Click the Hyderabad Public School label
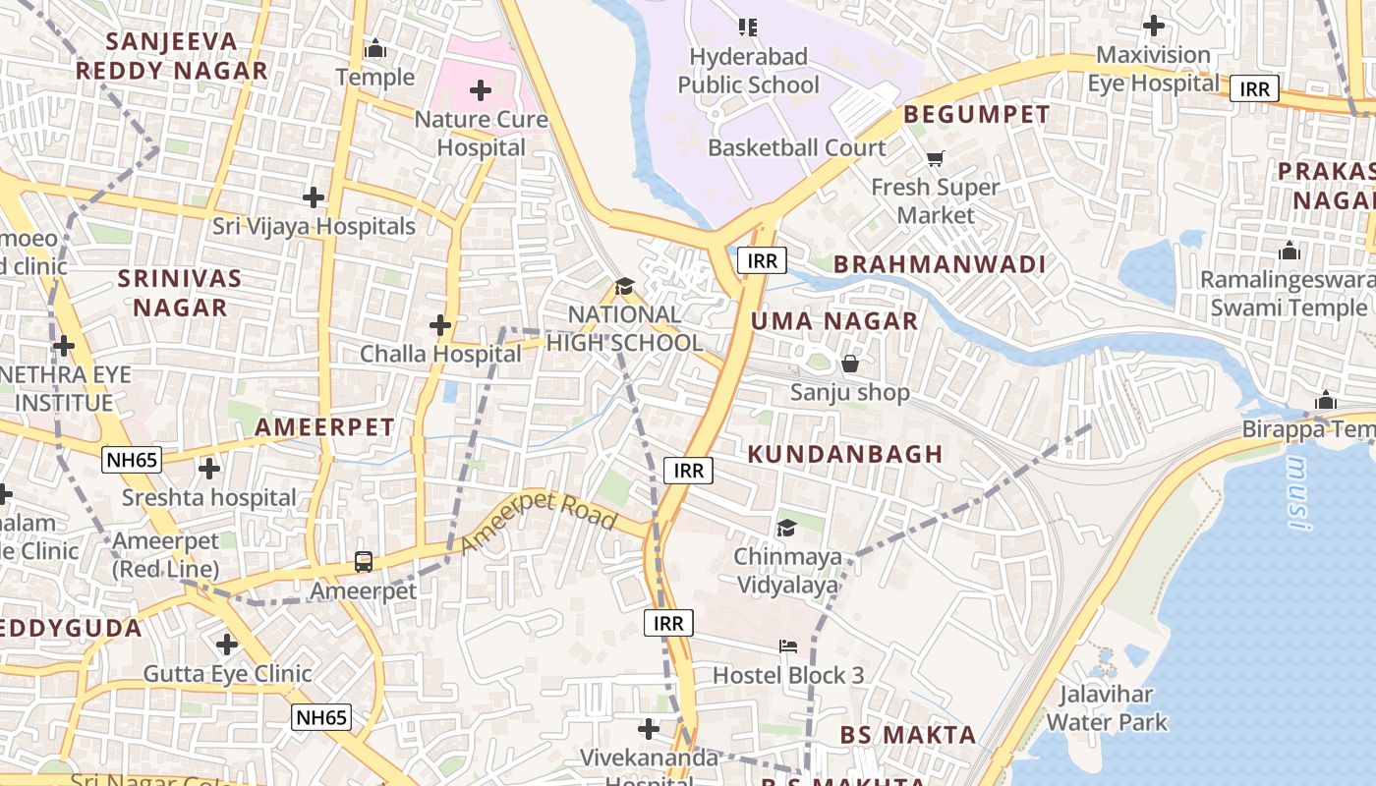tap(748, 71)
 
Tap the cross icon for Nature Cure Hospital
tap(481, 91)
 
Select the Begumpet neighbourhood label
tap(977, 114)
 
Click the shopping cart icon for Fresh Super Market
tap(935, 158)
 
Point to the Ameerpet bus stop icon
tap(364, 562)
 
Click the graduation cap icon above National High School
tap(624, 286)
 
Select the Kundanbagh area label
tap(845, 454)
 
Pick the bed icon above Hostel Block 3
tap(788, 646)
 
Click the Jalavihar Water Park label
tap(1107, 708)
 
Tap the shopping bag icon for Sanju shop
tap(850, 364)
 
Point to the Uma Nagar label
tap(834, 321)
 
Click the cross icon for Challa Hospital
tap(440, 324)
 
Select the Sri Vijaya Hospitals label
tap(315, 227)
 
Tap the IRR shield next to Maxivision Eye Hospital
tap(1254, 89)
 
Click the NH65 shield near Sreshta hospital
tap(131, 459)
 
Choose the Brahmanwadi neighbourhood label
tap(940, 264)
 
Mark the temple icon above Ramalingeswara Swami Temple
tap(1289, 251)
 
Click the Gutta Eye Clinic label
tap(228, 674)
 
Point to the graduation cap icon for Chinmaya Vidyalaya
tap(786, 529)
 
